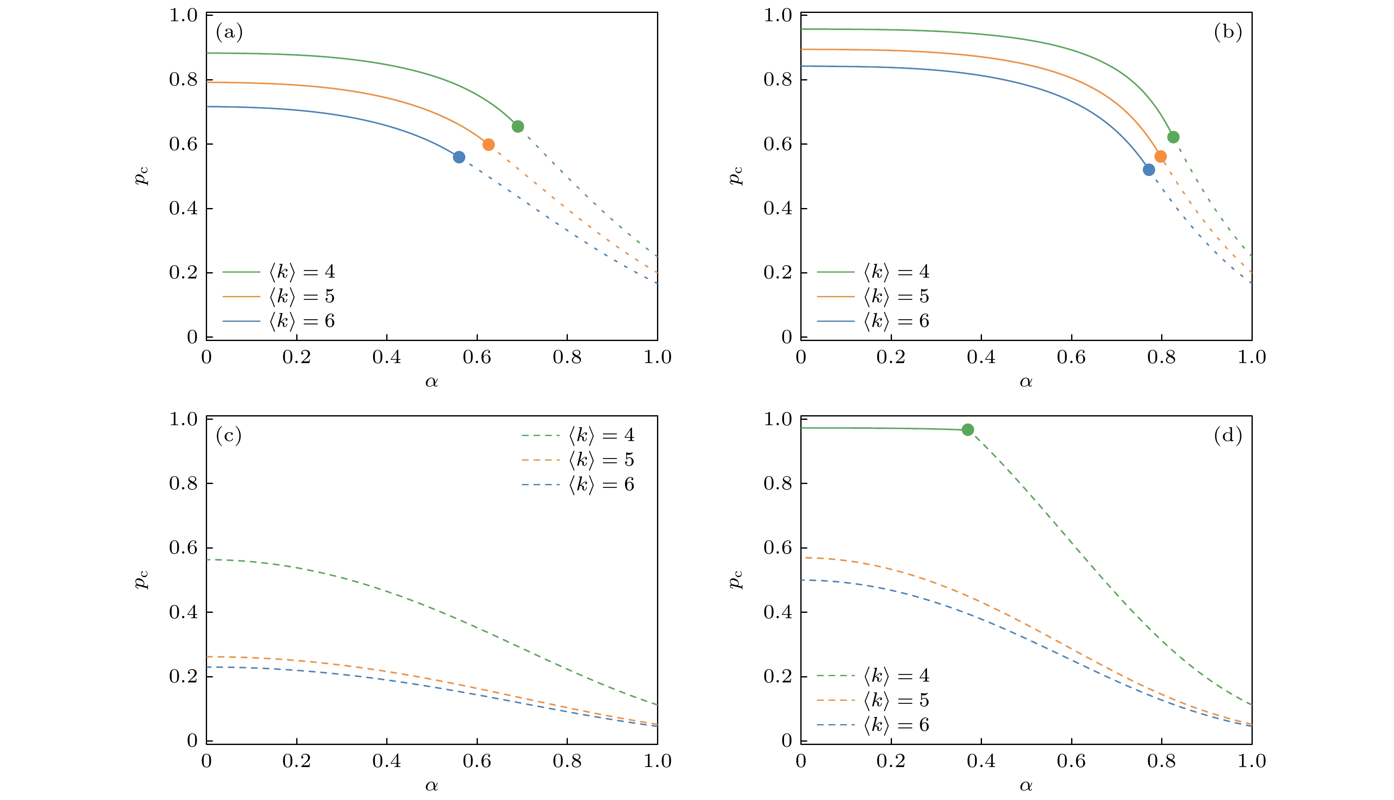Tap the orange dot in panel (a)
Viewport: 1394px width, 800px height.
(x=489, y=145)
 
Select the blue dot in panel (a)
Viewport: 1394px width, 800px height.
(x=459, y=157)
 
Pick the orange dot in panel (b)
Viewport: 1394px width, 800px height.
(x=1161, y=157)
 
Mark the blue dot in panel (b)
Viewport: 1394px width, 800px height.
(x=1149, y=170)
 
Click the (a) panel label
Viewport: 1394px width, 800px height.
(x=229, y=33)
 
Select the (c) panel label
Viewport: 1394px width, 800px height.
(x=229, y=436)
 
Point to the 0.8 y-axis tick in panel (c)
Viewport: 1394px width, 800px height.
(x=183, y=484)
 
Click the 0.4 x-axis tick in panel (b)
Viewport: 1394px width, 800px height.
(x=981, y=358)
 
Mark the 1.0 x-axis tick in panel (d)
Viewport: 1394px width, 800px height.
(x=1251, y=761)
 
